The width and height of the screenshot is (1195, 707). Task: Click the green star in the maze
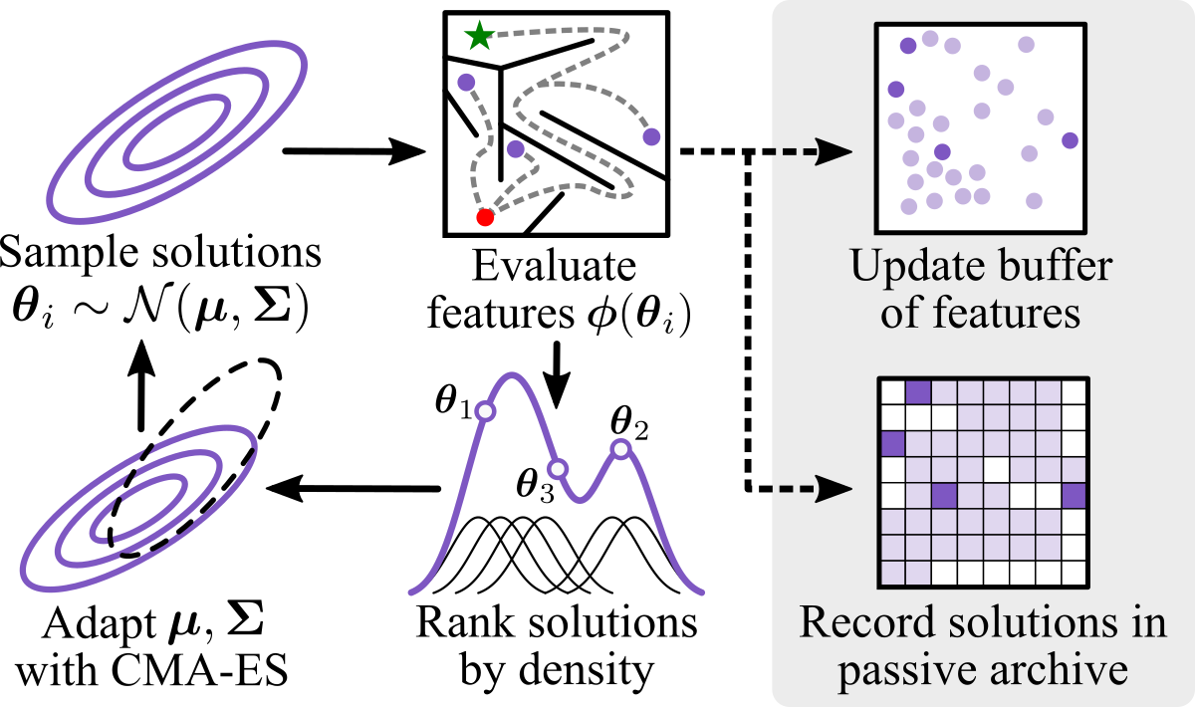[x=479, y=36]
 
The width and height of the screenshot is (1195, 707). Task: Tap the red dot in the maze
[x=485, y=216]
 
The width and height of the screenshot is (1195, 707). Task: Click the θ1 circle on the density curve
[x=485, y=410]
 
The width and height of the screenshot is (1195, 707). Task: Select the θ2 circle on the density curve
[x=620, y=450]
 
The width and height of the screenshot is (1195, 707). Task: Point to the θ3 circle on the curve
[x=558, y=468]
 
